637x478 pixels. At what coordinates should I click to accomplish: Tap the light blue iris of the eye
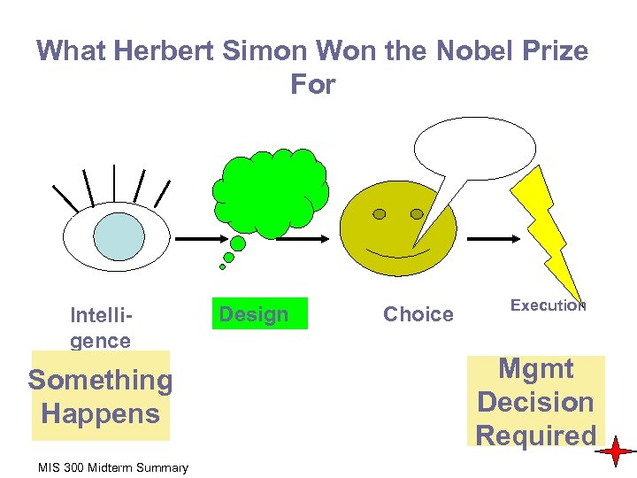(x=119, y=236)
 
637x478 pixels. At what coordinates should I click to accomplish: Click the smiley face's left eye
(x=379, y=214)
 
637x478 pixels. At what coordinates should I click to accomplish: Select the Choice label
(x=418, y=313)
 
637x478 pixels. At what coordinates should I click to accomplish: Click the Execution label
(x=548, y=305)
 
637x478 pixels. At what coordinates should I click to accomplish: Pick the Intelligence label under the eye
(x=101, y=327)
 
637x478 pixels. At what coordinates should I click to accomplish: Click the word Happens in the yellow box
(x=100, y=413)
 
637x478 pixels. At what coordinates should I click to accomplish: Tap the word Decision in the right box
(x=535, y=402)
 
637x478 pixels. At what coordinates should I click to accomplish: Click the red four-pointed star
(x=614, y=452)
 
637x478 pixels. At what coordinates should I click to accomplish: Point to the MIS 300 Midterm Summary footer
(x=113, y=466)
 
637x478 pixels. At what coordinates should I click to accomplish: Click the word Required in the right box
(x=535, y=436)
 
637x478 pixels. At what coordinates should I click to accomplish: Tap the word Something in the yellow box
(x=100, y=380)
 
